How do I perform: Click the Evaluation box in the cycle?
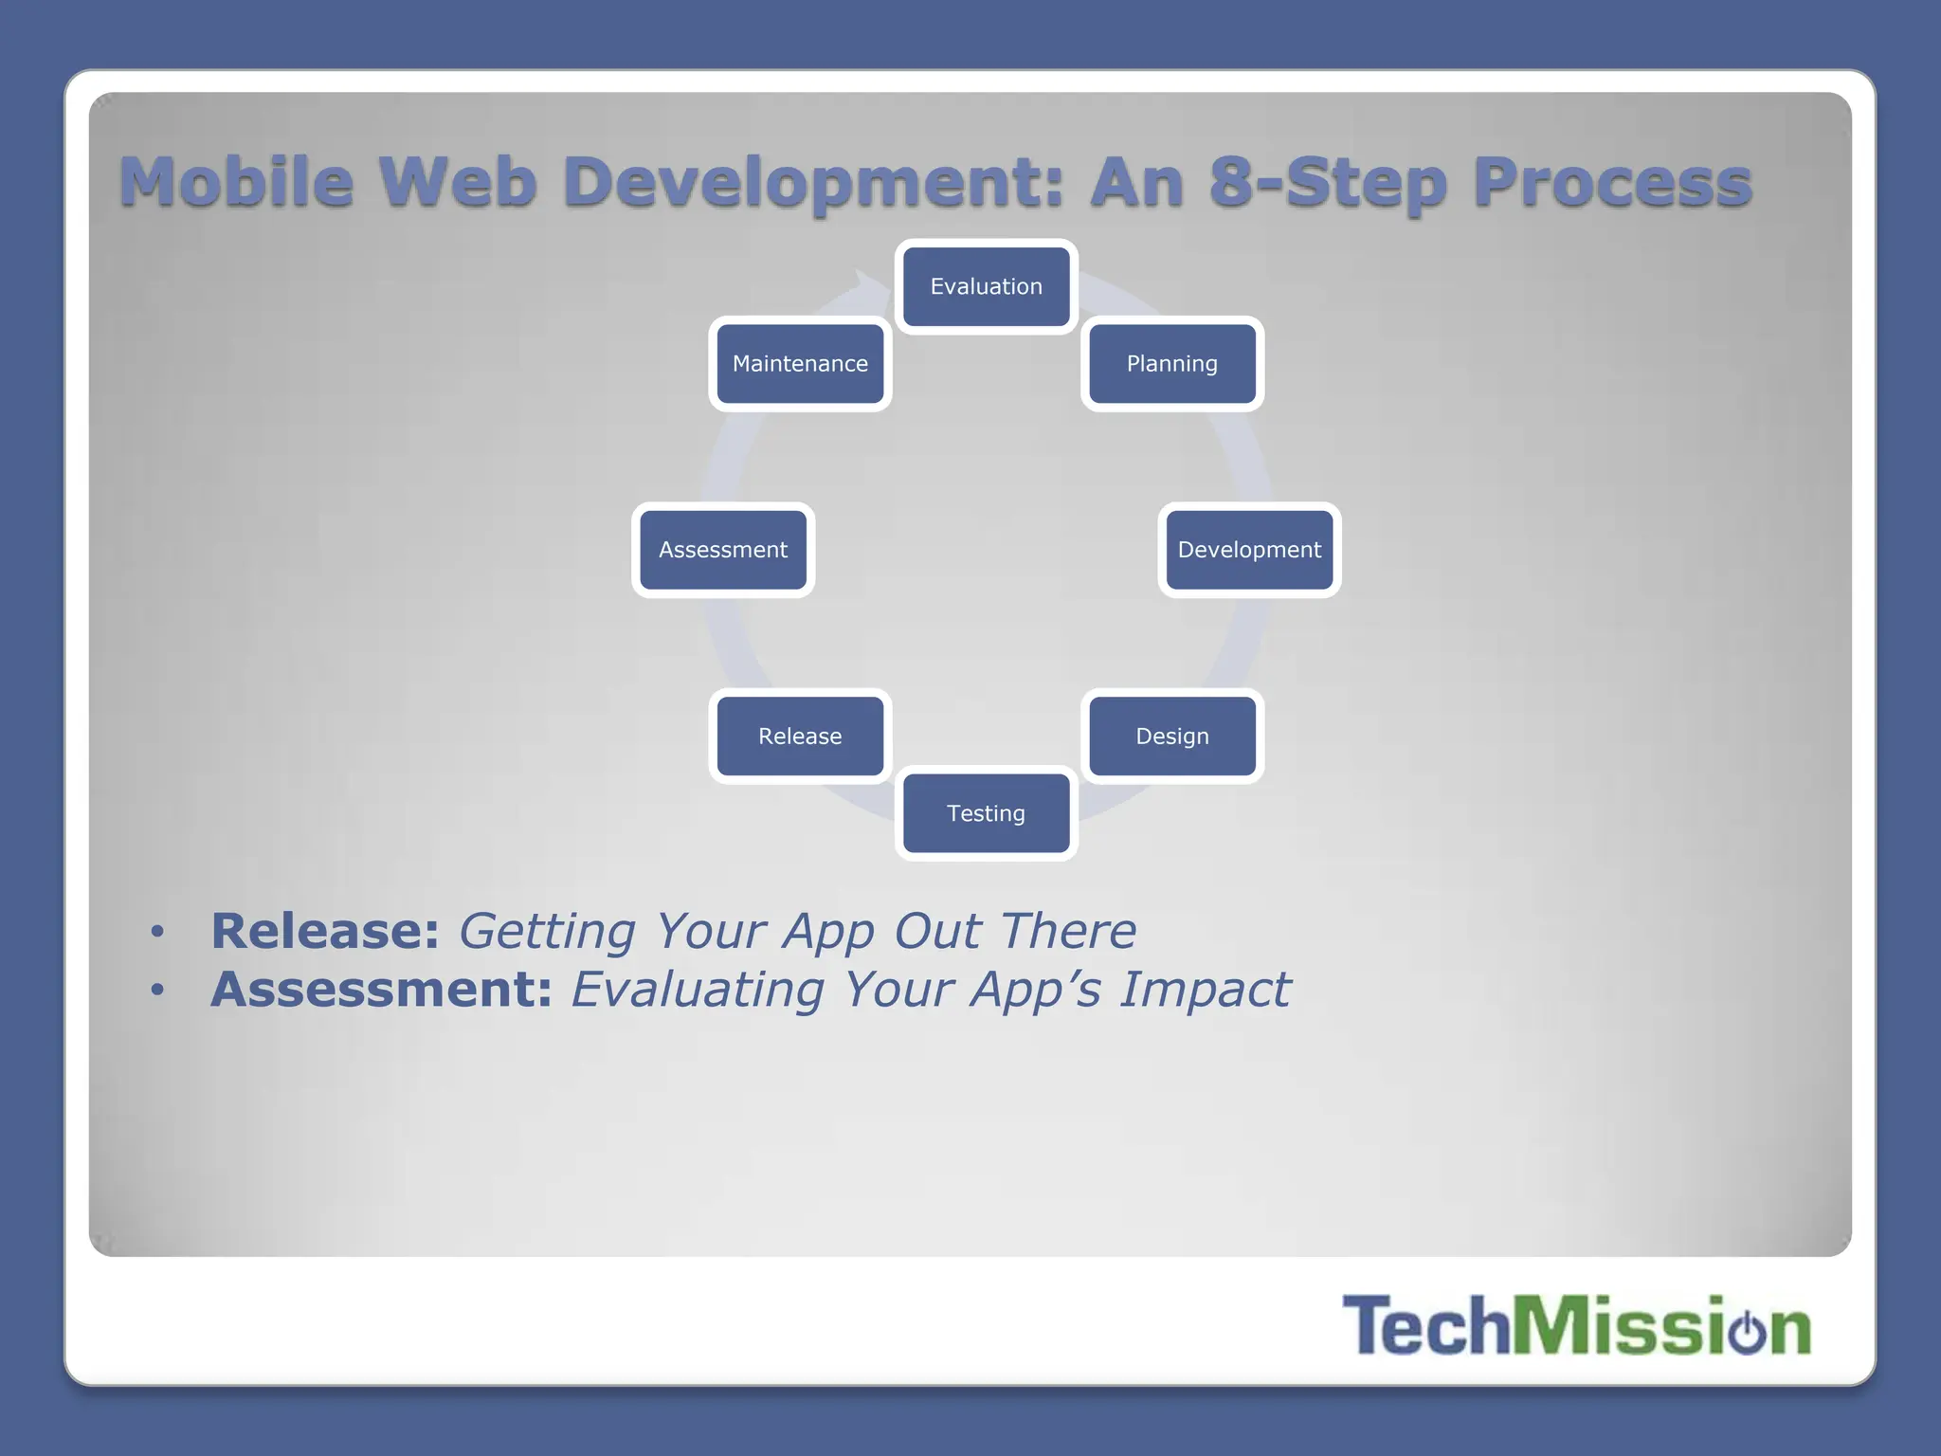click(x=986, y=286)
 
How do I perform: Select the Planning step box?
click(x=1172, y=364)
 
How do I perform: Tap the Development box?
click(x=1249, y=550)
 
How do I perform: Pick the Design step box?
click(x=1172, y=737)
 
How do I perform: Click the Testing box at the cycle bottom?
click(x=986, y=813)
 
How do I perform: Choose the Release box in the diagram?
click(x=800, y=737)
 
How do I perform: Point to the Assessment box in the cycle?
click(x=723, y=550)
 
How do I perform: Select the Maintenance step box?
click(x=800, y=364)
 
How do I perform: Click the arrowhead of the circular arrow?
click(x=865, y=282)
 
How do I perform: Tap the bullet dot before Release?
click(x=157, y=932)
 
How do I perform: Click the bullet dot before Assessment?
click(x=157, y=991)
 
